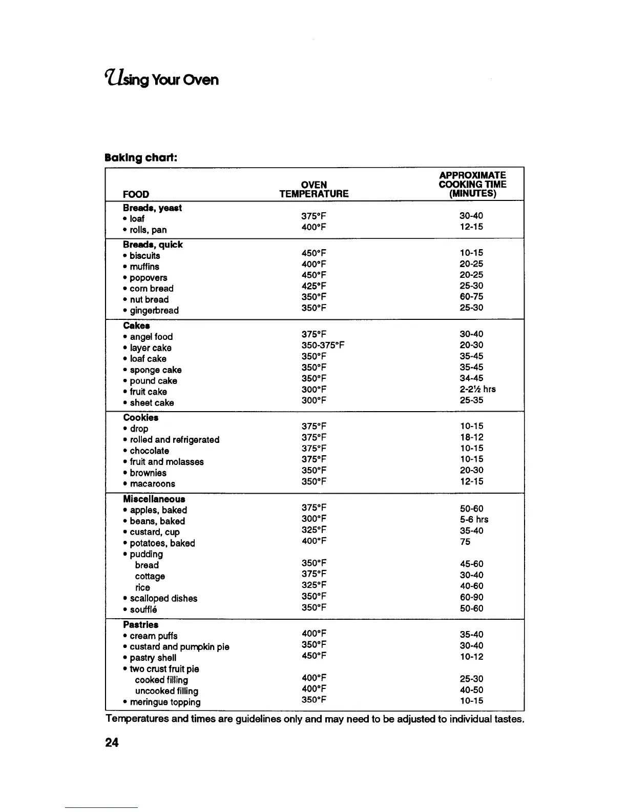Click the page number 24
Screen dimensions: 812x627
pyautogui.click(x=112, y=742)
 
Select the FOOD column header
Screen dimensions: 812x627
pyautogui.click(x=136, y=194)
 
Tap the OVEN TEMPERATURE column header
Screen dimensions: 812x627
pyautogui.click(x=313, y=189)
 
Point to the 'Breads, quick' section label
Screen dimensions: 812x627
pyautogui.click(x=153, y=245)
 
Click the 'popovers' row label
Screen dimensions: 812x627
pyautogui.click(x=148, y=278)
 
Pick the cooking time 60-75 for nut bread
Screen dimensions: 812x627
pyautogui.click(x=471, y=296)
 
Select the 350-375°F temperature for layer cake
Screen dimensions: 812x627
pyautogui.click(x=323, y=345)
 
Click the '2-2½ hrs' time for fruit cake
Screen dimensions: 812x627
pyautogui.click(x=477, y=389)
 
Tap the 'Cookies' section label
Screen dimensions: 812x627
pyautogui.click(x=141, y=418)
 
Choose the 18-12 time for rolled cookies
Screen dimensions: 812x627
pyautogui.click(x=471, y=437)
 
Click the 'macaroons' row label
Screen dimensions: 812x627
pyautogui.click(x=152, y=484)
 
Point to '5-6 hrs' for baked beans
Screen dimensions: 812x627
pyautogui.click(x=474, y=520)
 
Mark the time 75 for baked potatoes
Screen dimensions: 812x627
pyautogui.click(x=465, y=542)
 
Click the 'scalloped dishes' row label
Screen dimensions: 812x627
pyautogui.click(x=163, y=599)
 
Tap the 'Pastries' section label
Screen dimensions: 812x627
pyautogui.click(x=141, y=625)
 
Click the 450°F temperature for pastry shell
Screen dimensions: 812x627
pyautogui.click(x=314, y=656)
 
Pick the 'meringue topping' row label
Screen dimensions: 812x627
pyautogui.click(x=165, y=702)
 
